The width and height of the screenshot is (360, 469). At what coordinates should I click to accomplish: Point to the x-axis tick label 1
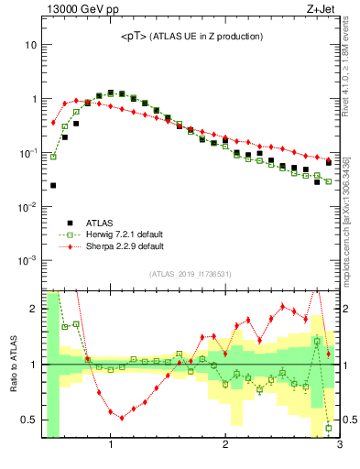coord(111,446)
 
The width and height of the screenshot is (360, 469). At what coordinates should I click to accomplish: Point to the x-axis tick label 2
coord(225,446)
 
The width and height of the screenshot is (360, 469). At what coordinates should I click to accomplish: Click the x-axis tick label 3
coord(339,446)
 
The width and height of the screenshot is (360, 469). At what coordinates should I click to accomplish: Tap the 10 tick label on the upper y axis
coord(31,45)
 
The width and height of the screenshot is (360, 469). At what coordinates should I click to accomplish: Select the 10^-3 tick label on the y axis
coord(28,261)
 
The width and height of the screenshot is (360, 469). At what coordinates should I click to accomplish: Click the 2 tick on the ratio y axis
coord(34,309)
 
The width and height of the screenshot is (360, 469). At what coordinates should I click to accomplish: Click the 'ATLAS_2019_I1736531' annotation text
coord(191,274)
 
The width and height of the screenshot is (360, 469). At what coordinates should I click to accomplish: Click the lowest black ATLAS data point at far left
coord(53,185)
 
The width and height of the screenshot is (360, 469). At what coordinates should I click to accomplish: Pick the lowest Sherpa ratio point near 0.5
coord(122,417)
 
